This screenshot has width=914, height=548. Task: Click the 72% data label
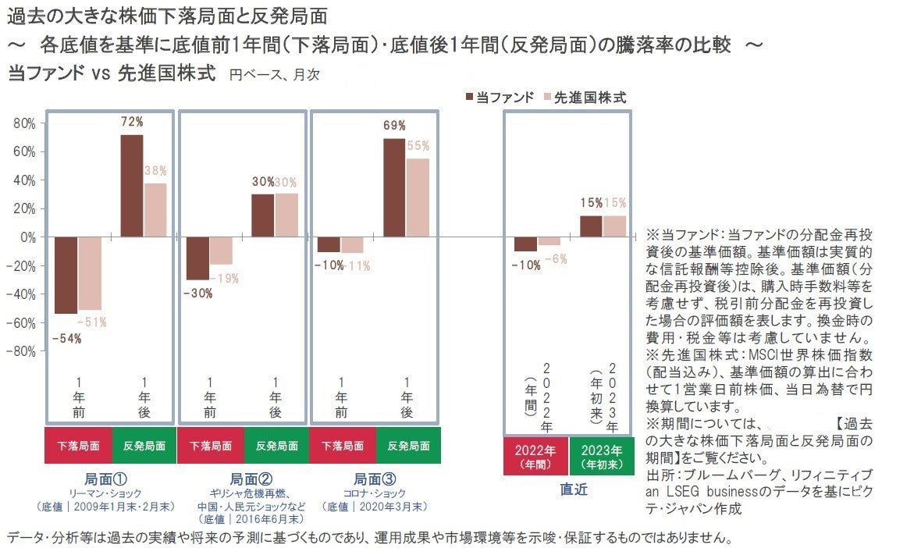click(132, 122)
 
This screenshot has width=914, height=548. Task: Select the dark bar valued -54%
click(66, 275)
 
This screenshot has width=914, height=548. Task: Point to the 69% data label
click(394, 126)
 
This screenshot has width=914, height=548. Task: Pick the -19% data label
click(226, 278)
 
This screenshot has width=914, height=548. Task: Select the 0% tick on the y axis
click(27, 237)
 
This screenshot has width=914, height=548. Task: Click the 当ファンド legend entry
click(500, 98)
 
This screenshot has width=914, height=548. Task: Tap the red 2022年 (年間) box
click(535, 457)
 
